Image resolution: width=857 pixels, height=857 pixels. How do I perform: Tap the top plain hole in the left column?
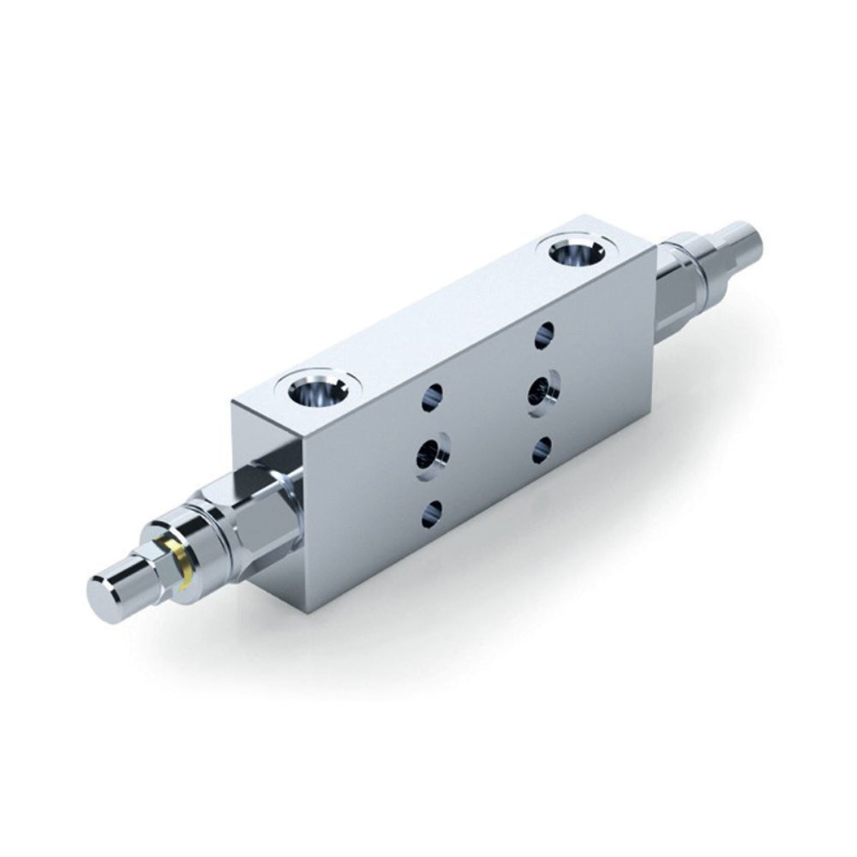coord(432,397)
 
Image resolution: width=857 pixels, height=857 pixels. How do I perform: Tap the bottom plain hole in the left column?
coord(432,513)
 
